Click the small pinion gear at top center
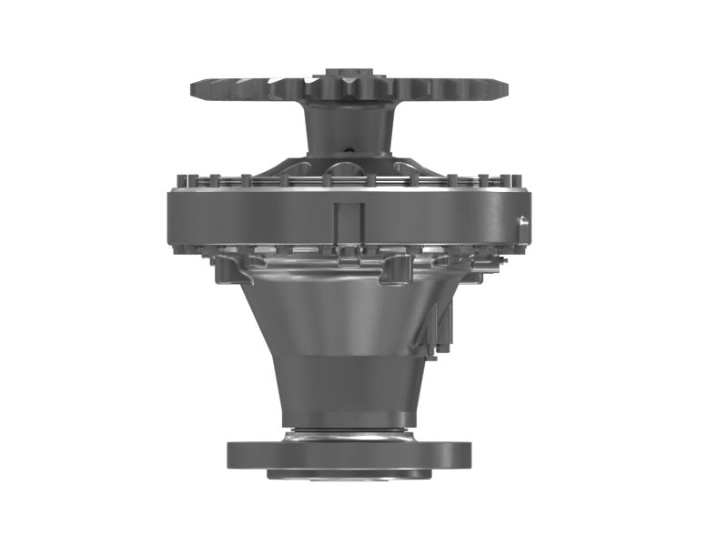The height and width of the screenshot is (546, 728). (x=349, y=83)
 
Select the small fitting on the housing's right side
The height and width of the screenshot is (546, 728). (x=523, y=221)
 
